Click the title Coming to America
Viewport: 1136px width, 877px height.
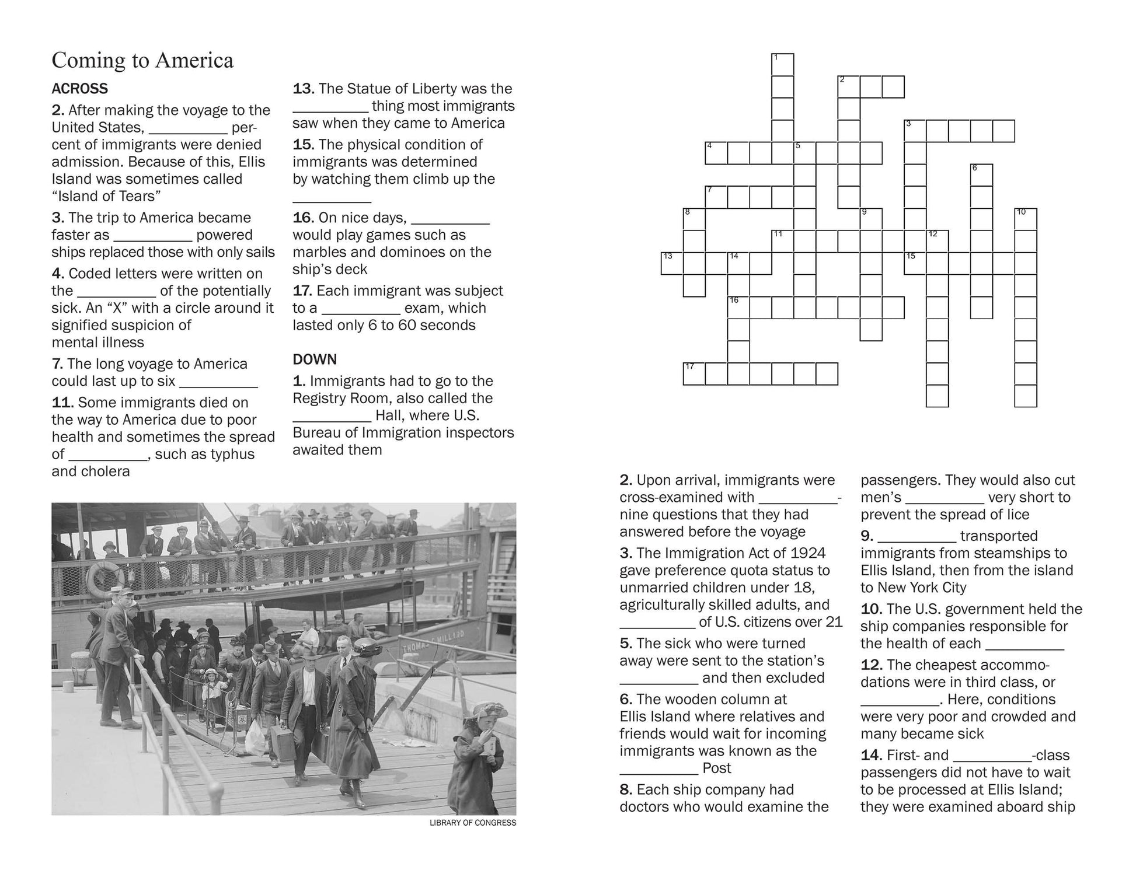point(142,60)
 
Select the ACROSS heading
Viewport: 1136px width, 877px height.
point(80,89)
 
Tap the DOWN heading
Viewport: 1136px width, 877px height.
point(315,359)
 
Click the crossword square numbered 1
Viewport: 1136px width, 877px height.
point(782,64)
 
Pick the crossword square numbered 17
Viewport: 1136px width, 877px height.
point(694,373)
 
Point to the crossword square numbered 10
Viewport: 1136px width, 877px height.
point(1026,219)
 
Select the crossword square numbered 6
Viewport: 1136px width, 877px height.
point(981,175)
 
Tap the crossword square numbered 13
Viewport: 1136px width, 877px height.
point(672,263)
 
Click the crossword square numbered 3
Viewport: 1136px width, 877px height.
point(915,131)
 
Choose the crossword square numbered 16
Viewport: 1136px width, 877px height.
point(738,307)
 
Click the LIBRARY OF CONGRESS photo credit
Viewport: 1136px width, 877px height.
point(472,823)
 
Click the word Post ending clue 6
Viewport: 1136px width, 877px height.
point(716,768)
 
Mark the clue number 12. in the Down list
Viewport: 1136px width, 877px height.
point(871,665)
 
